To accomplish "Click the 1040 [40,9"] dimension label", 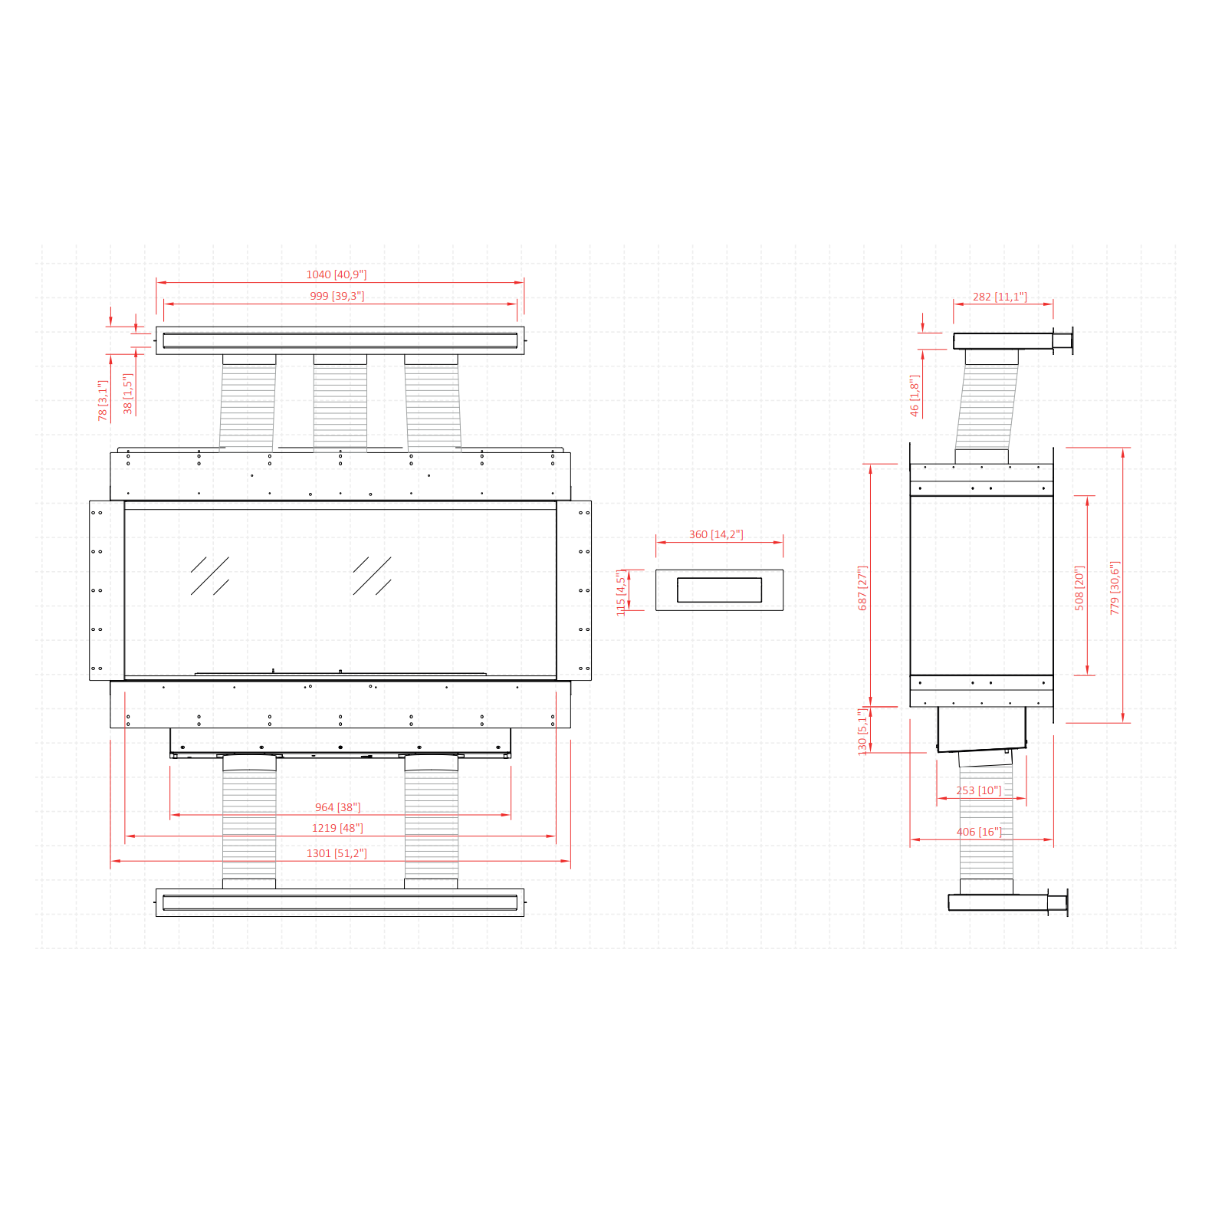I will click(337, 274).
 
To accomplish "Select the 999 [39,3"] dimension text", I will click(337, 296).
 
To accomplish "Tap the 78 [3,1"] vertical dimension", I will click(103, 400).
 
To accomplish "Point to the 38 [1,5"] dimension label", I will click(128, 394).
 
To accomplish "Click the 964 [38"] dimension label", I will click(337, 807).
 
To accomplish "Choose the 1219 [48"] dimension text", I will click(337, 828).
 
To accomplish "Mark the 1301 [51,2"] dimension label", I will click(337, 853).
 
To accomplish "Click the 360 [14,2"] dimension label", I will click(716, 534).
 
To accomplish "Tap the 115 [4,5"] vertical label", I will click(621, 593).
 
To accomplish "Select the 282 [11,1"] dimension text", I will click(1000, 297).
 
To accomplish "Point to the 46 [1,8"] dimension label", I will click(914, 396).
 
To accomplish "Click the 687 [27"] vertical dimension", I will click(862, 588).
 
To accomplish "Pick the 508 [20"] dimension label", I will click(1079, 588).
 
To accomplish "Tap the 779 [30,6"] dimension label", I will click(1115, 588).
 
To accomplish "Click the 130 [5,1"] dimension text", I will click(862, 731).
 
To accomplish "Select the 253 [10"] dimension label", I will click(978, 790).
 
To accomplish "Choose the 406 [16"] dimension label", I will click(979, 832).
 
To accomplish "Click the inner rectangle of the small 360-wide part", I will click(719, 590).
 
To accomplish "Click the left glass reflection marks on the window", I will click(210, 576).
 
